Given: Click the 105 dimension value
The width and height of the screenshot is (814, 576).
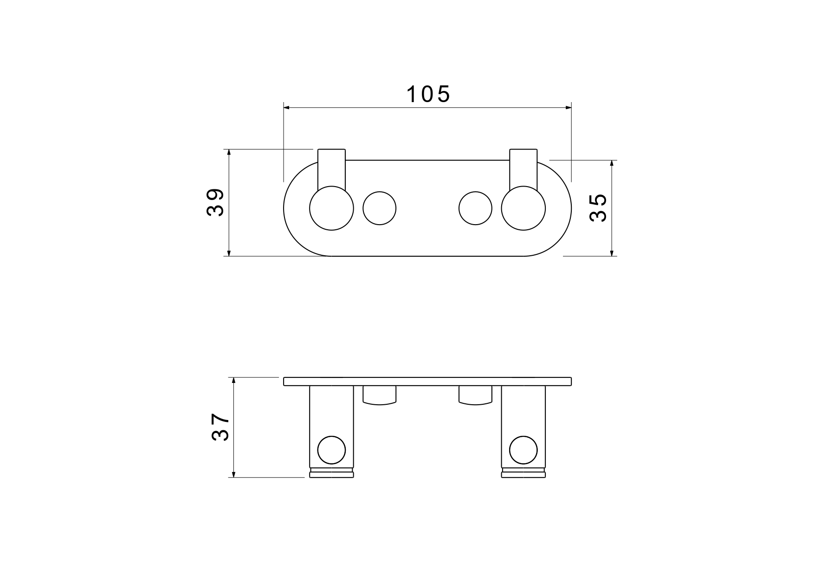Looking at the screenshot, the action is click(428, 94).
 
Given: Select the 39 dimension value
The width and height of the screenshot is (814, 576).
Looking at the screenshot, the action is click(215, 202).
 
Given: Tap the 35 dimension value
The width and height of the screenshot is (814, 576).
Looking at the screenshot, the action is click(598, 208).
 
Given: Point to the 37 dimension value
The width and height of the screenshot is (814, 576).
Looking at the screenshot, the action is click(220, 427).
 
